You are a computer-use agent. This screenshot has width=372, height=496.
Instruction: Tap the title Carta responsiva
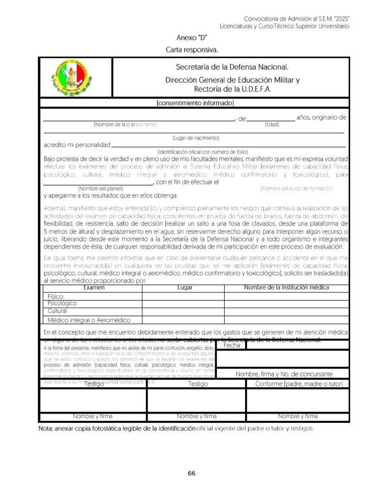point(192,49)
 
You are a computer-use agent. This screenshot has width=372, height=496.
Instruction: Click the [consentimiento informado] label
point(195,103)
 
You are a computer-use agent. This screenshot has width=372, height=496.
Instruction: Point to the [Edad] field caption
point(272,124)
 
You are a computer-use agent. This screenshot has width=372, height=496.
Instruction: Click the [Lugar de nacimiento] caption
point(196,138)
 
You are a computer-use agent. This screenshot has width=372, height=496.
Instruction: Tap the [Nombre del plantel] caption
point(100,188)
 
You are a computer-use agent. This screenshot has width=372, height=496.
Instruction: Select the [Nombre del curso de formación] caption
point(296,188)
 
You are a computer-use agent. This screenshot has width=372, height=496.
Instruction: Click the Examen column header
point(94,288)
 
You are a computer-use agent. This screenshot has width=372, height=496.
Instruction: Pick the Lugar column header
point(185,288)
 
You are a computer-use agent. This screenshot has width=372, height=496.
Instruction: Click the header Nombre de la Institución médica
point(286,288)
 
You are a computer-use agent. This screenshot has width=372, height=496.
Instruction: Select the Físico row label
point(56,296)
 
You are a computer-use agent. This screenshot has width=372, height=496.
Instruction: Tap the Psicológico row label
point(62,303)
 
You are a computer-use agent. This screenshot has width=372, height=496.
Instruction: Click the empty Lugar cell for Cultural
point(183,311)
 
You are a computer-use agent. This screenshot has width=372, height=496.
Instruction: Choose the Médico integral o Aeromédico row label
point(89,320)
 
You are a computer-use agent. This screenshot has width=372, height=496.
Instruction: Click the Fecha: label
point(232,345)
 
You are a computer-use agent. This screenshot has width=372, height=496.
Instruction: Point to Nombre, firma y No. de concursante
point(284,374)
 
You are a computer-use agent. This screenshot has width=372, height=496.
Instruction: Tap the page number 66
point(192,473)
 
